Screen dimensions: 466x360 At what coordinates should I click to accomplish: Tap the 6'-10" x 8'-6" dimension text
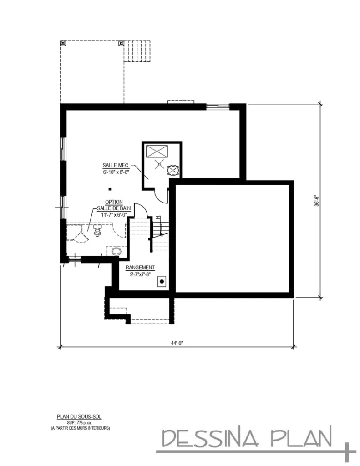116,172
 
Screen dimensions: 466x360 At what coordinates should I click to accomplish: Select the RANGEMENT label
140,268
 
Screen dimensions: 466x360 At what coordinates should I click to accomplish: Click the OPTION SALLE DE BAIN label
114,205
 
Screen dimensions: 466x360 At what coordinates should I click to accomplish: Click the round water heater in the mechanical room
173,170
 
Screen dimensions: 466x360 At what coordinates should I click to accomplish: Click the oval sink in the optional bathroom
116,251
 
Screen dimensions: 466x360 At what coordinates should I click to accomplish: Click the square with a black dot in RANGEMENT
161,282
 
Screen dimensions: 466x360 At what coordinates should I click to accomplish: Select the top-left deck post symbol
63,43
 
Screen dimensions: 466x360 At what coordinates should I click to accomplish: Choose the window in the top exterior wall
218,106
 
